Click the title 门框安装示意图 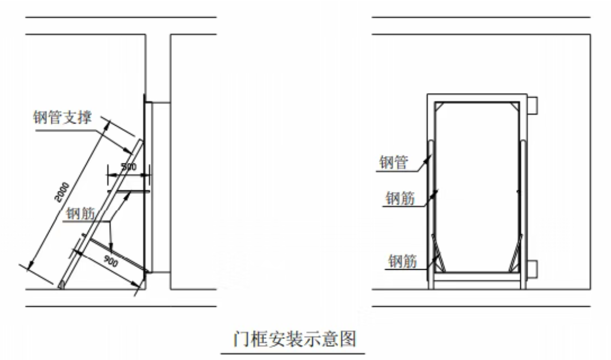click(295, 338)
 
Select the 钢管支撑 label click(62, 117)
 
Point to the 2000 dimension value click(62, 192)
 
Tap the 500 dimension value click(128, 167)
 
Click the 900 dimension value click(111, 261)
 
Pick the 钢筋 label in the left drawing click(81, 213)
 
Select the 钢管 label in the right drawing click(393, 162)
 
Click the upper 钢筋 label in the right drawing click(400, 198)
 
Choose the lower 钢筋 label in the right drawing click(403, 261)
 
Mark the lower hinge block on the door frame click(533, 269)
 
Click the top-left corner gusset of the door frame click(439, 106)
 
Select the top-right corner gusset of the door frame click(516, 106)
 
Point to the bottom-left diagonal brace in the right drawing click(439, 253)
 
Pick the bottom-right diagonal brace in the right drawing click(516, 253)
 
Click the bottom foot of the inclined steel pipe click(62, 285)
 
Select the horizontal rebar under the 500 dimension click(129, 191)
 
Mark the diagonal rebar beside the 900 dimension click(119, 255)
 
